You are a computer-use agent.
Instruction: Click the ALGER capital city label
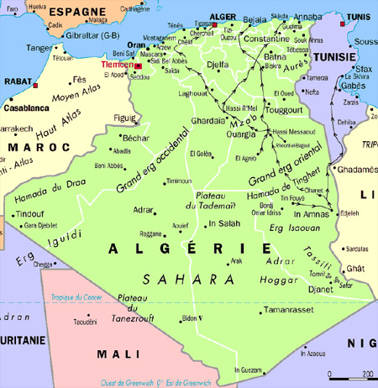point(222,15)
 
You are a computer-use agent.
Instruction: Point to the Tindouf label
point(29,213)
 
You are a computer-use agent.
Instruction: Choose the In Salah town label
point(224,224)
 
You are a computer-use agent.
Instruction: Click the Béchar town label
point(135,137)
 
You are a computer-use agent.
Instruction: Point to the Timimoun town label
point(178,181)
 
